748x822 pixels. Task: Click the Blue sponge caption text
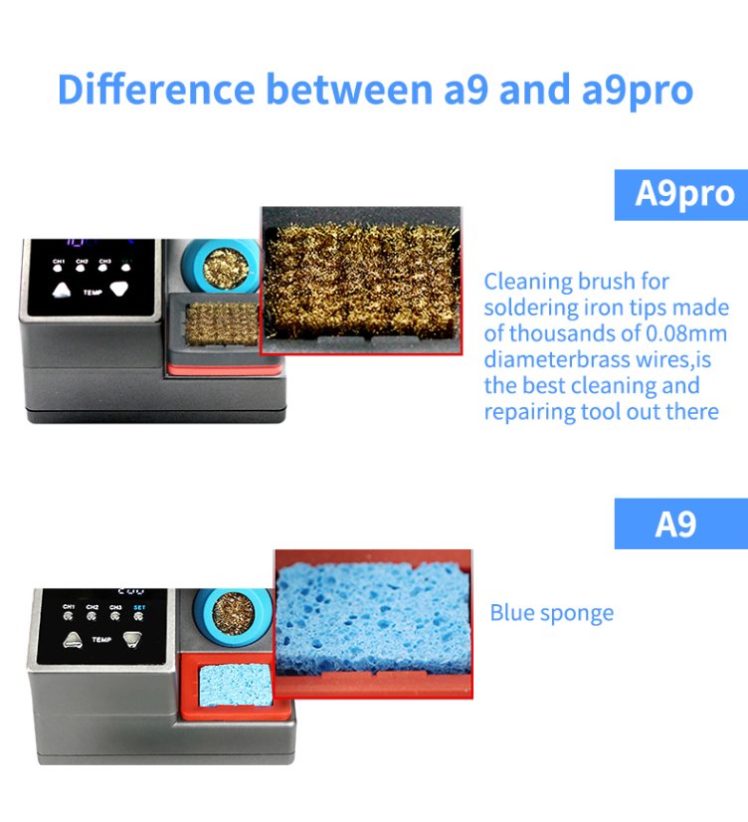click(x=551, y=613)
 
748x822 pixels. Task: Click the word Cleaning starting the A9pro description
click(x=527, y=282)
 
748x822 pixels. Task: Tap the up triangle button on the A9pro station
click(x=64, y=291)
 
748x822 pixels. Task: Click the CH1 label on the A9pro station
click(x=60, y=262)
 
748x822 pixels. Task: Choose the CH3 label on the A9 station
click(x=115, y=607)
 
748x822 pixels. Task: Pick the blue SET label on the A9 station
click(x=139, y=607)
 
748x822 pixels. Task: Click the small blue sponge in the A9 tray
click(x=231, y=685)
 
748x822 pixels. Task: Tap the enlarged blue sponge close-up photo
click(x=374, y=619)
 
